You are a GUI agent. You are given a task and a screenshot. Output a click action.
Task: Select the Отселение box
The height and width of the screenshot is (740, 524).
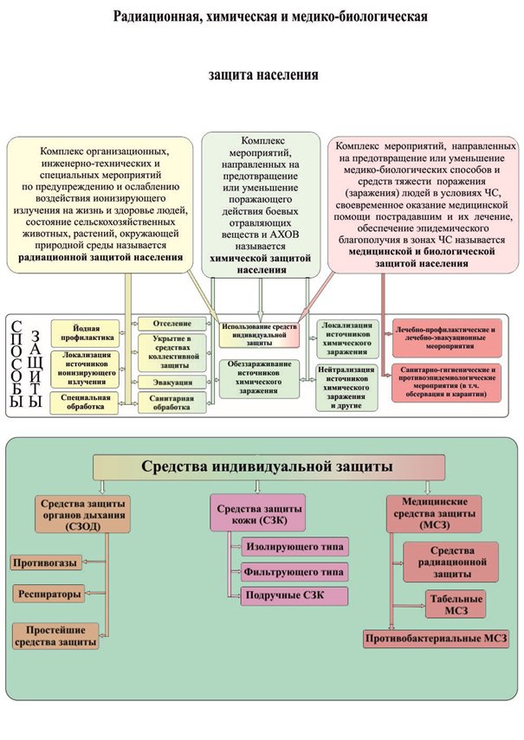tap(172, 324)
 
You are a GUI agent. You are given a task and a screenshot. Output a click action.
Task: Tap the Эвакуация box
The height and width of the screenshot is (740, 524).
tap(172, 382)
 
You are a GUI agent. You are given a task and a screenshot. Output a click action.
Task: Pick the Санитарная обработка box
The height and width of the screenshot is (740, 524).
tap(172, 402)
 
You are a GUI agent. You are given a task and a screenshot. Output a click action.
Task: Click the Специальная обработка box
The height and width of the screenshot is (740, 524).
tap(87, 402)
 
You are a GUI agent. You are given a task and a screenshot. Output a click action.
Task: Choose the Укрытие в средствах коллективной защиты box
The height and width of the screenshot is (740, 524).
tap(172, 352)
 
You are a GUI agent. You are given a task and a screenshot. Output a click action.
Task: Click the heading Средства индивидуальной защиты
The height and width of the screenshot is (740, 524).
tap(268, 467)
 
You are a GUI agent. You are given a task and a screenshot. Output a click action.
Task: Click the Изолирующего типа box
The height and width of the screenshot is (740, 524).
tap(295, 547)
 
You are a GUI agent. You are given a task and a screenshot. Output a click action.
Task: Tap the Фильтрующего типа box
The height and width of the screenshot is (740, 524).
tap(295, 571)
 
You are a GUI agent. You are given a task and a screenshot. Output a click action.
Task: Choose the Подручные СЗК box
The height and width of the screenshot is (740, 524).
tap(294, 595)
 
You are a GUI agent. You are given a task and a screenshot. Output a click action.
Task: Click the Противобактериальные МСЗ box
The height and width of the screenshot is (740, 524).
tap(436, 639)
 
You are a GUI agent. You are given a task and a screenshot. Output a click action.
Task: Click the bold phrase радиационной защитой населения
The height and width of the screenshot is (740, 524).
tap(100, 257)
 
